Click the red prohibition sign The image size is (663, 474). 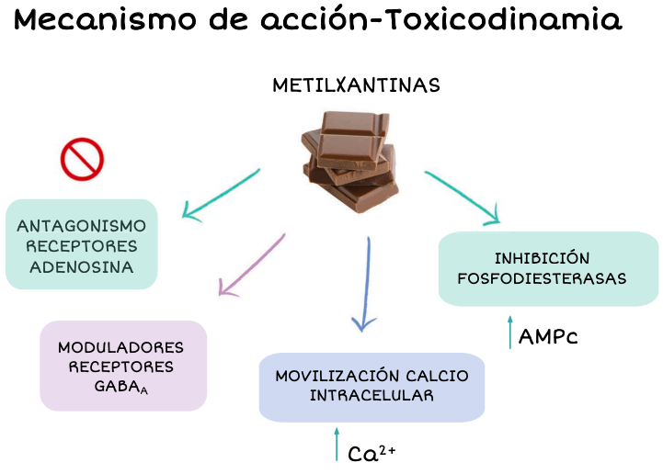[82, 159]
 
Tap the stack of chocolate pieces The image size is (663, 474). [351, 159]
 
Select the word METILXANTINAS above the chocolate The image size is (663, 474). [356, 85]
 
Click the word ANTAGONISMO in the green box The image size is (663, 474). [81, 225]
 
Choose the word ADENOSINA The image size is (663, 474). [81, 267]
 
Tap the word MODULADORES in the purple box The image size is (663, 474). [120, 347]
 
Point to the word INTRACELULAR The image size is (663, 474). [372, 396]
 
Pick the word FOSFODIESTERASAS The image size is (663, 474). [547, 277]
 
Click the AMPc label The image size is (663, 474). [548, 336]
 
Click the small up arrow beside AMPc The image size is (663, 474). [510, 333]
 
